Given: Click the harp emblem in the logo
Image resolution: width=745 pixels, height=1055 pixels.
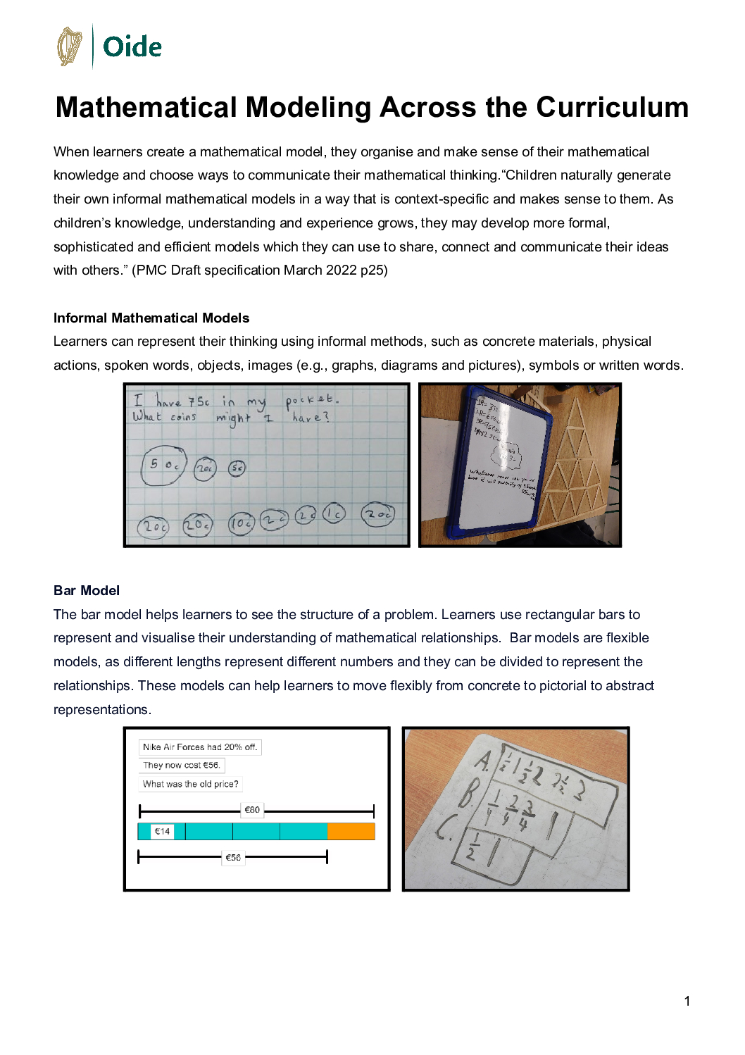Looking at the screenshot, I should pos(69,46).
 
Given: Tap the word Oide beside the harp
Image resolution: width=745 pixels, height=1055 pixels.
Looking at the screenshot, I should pos(132,47).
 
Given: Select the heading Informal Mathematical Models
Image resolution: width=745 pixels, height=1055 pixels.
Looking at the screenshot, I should pos(151,318).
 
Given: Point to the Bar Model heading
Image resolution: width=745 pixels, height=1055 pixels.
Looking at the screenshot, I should pos(87,590).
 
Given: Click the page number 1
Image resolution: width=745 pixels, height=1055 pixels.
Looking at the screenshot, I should pos(687,1001).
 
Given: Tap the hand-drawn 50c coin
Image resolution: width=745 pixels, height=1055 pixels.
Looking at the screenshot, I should pos(163,466).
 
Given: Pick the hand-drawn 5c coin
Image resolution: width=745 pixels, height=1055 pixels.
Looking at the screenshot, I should pos(237,468).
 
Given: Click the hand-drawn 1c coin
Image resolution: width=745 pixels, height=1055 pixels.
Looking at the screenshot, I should pos(334,514).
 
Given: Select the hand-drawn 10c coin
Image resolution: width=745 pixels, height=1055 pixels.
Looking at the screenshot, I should pos(241,523).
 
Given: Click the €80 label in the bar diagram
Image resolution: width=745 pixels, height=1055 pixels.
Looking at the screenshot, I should pos(252,810).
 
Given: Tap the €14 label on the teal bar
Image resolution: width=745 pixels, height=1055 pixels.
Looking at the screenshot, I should pos(162,832).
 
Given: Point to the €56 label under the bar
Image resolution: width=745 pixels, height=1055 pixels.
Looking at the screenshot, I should pos(233,858).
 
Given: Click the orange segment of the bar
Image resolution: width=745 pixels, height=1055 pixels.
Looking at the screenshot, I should pos(351,832).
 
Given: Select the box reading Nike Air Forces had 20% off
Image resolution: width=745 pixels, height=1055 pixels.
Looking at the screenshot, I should pos(200,747).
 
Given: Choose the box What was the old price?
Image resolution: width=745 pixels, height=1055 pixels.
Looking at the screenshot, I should pos(190,784).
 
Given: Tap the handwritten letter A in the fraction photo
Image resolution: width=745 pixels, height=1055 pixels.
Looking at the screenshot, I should pos(484,761).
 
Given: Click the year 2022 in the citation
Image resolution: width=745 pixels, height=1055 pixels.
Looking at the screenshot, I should pos(342,270).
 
